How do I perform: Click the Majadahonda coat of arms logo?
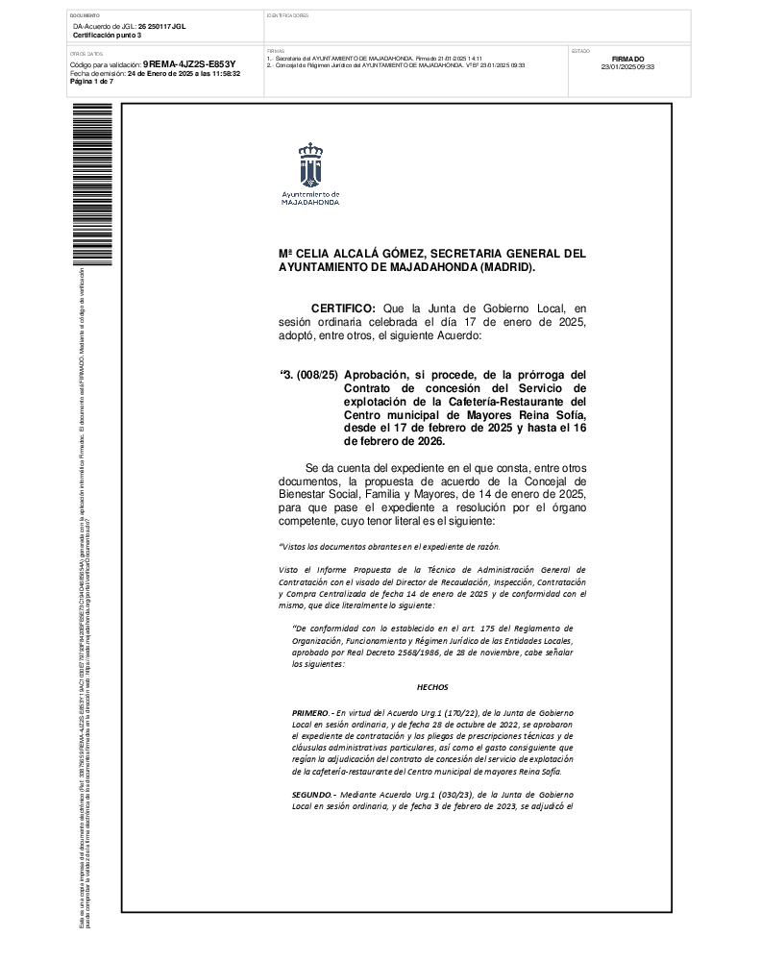coord(309,166)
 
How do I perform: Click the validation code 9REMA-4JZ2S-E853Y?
coord(189,64)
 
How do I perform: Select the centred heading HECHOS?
coord(432,687)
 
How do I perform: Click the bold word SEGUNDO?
coord(315,795)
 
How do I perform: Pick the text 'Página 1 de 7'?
coord(92,82)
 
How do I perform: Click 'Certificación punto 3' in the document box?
coord(107,35)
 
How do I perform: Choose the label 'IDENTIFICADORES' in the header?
coord(287,16)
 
